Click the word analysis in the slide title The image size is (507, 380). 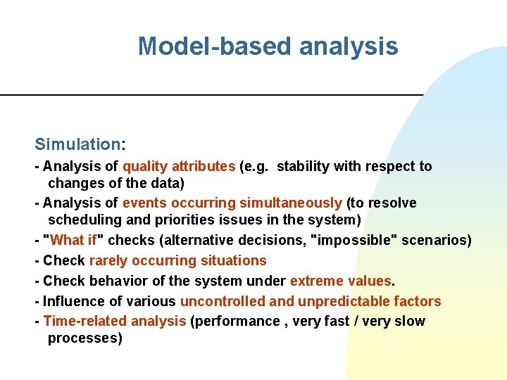point(349,46)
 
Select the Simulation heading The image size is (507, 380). point(77,145)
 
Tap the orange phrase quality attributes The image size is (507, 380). point(179,167)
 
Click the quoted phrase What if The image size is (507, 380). point(77,241)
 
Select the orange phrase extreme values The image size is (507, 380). point(340,281)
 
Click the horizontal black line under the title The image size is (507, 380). point(211,94)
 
